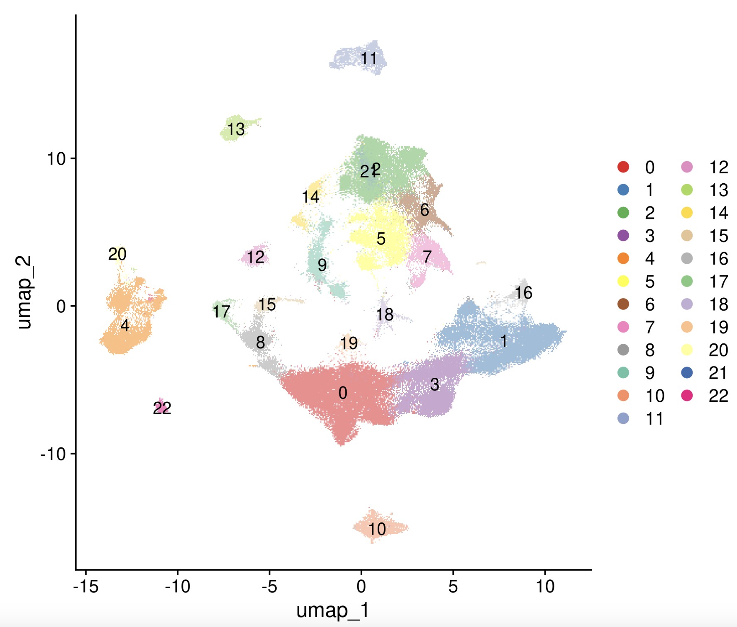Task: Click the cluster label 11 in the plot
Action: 368,59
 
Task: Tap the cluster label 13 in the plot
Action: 236,129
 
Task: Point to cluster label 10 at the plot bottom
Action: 377,529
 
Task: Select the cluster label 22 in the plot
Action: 162,408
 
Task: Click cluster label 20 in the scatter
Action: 117,254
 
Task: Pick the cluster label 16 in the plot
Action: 523,293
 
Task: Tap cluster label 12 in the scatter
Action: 255,258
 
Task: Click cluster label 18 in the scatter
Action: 385,315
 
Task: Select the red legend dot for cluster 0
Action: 623,167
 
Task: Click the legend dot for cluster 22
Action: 687,396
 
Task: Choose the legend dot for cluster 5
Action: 623,281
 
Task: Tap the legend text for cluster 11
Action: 654,419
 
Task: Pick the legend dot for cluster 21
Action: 687,373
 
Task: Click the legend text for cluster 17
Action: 718,282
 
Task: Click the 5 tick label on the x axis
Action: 453,586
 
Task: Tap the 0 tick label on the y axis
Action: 61,306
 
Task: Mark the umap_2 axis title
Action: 24,292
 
